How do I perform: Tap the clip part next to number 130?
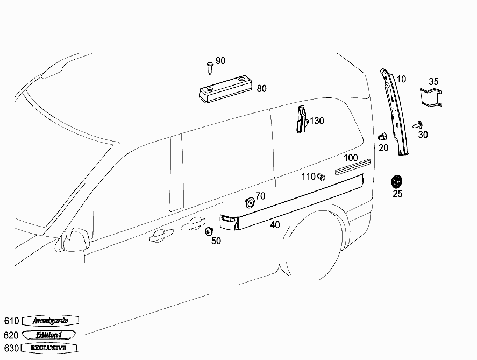(x=302, y=119)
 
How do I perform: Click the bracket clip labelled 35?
(x=431, y=97)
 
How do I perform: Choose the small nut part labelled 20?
(x=382, y=137)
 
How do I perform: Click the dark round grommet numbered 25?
(x=397, y=182)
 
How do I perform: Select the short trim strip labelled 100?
(x=353, y=167)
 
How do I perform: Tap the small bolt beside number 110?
(x=321, y=177)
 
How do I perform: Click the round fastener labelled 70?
(x=250, y=203)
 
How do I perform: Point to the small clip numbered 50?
(x=209, y=231)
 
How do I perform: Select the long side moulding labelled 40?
(x=291, y=202)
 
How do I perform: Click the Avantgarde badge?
(x=51, y=320)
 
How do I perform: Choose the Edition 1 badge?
(x=49, y=335)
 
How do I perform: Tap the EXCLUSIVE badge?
(x=49, y=348)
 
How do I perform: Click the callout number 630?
(x=11, y=348)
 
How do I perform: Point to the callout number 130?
(x=317, y=121)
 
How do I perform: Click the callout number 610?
(x=11, y=321)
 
